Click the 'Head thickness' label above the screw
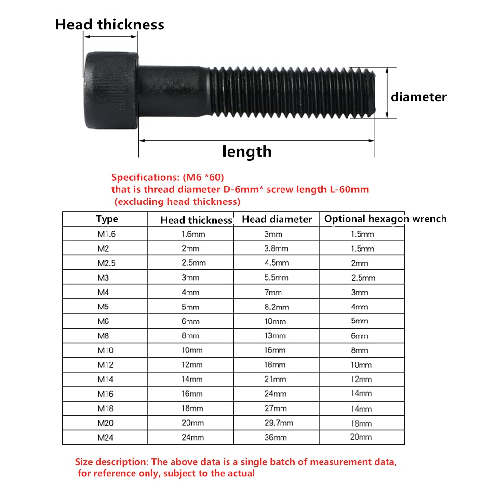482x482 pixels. (109, 25)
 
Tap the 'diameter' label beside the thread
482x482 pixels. (418, 97)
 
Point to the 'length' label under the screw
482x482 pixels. (247, 152)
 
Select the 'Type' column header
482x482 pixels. (107, 219)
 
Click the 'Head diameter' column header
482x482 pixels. (277, 219)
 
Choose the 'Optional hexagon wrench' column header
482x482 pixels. (385, 219)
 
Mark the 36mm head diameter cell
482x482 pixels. (276, 437)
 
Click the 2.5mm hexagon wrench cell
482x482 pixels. (362, 278)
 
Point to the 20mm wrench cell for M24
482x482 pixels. (361, 437)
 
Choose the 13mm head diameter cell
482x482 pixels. (276, 335)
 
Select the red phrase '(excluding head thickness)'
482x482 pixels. (177, 201)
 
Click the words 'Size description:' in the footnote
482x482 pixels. (112, 462)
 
